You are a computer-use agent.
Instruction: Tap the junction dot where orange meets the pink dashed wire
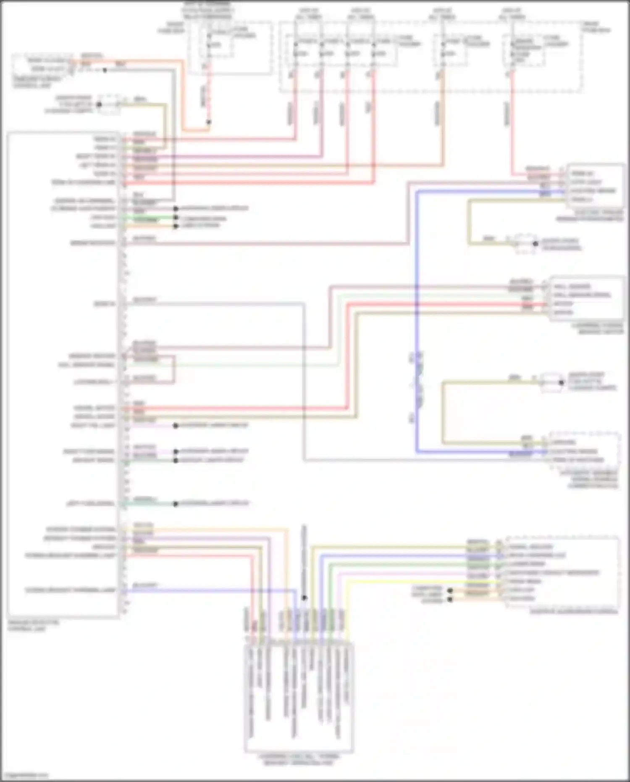pyautogui.click(x=209, y=122)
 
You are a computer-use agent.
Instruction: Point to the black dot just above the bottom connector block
pyautogui.click(x=304, y=597)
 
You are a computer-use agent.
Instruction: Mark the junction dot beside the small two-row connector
pyautogui.click(x=105, y=70)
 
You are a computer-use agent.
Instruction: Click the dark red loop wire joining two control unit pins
pyautogui.click(x=173, y=370)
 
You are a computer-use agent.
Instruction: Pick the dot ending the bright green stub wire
pyautogui.click(x=176, y=218)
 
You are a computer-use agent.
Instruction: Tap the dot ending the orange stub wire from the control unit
pyautogui.click(x=176, y=226)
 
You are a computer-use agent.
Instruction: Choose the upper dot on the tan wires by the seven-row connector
pyautogui.click(x=450, y=590)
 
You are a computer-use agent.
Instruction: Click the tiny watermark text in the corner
pyautogui.click(x=24, y=776)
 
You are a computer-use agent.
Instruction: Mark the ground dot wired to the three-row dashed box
pyautogui.click(x=561, y=382)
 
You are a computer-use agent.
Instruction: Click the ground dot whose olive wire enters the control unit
pyautogui.click(x=99, y=104)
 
